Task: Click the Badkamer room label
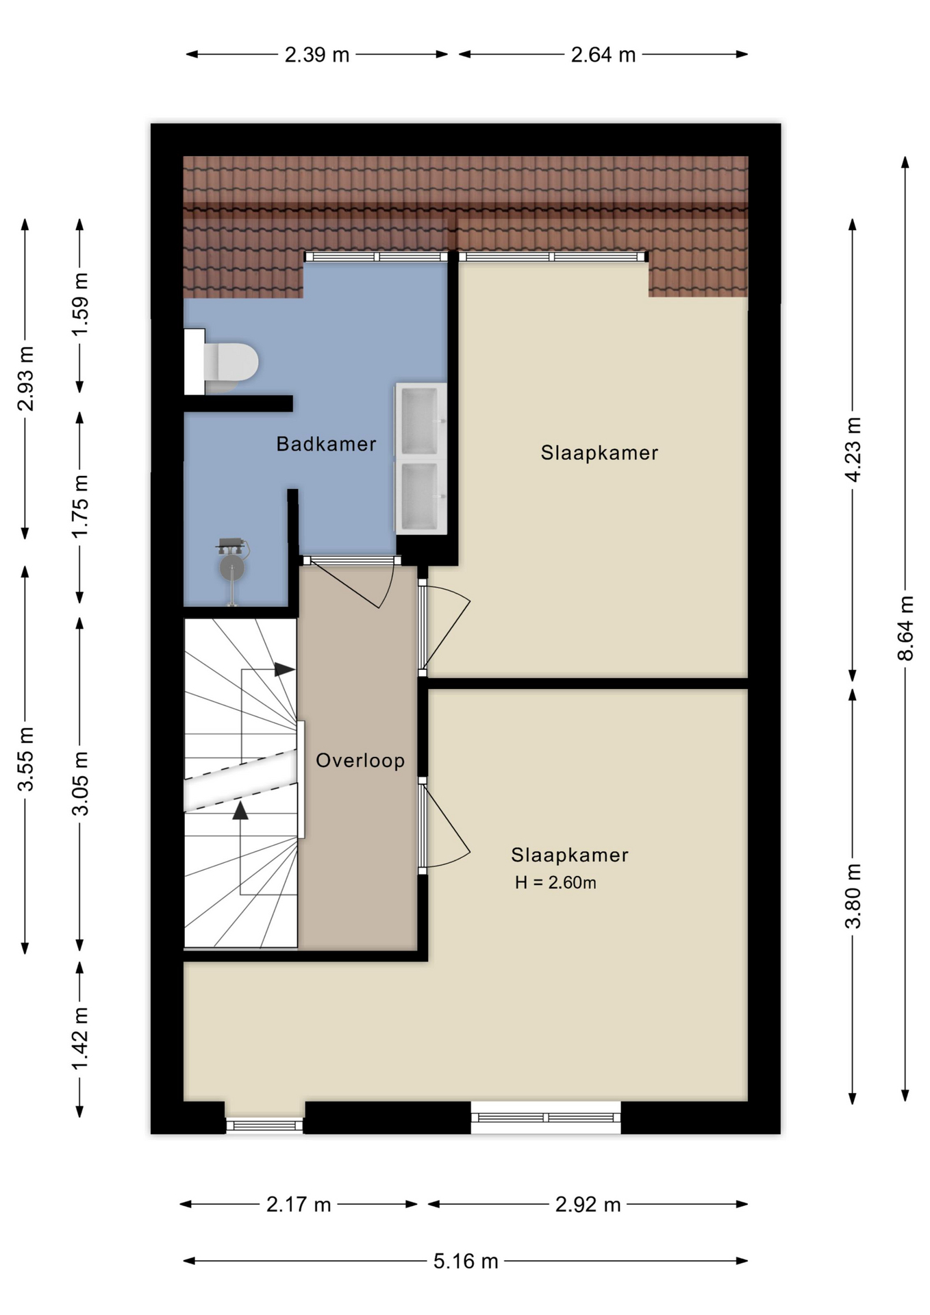pyautogui.click(x=326, y=444)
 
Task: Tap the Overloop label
pyautogui.click(x=360, y=760)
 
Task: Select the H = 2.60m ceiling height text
pyautogui.click(x=555, y=883)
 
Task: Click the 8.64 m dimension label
pyautogui.click(x=905, y=628)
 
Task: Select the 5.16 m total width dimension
pyautogui.click(x=466, y=1261)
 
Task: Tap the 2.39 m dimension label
pyautogui.click(x=317, y=55)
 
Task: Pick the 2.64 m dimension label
pyautogui.click(x=603, y=55)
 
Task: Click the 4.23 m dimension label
pyautogui.click(x=853, y=449)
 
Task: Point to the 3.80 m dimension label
pyautogui.click(x=853, y=896)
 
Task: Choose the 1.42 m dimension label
pyautogui.click(x=80, y=1038)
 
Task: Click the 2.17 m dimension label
pyautogui.click(x=299, y=1204)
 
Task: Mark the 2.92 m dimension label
pyautogui.click(x=588, y=1204)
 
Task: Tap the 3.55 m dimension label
pyautogui.click(x=25, y=760)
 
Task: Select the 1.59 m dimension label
pyautogui.click(x=80, y=304)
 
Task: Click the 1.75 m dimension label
pyautogui.click(x=80, y=506)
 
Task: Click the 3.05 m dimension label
pyautogui.click(x=80, y=784)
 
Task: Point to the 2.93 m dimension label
pyautogui.click(x=25, y=379)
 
